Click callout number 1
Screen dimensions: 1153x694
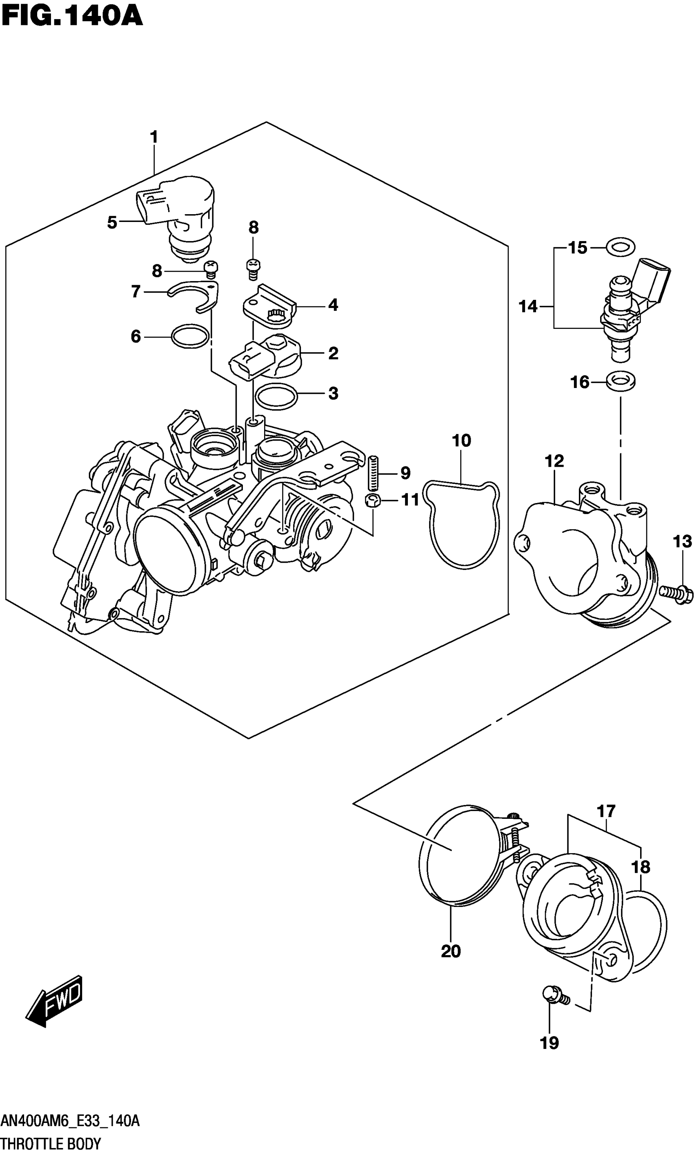[154, 137]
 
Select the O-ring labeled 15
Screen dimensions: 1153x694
[620, 247]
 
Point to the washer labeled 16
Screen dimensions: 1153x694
[621, 381]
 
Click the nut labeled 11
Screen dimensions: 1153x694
[372, 500]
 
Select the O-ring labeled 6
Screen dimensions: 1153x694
[190, 336]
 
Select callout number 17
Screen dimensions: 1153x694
[606, 811]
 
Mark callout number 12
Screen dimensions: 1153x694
[554, 461]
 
